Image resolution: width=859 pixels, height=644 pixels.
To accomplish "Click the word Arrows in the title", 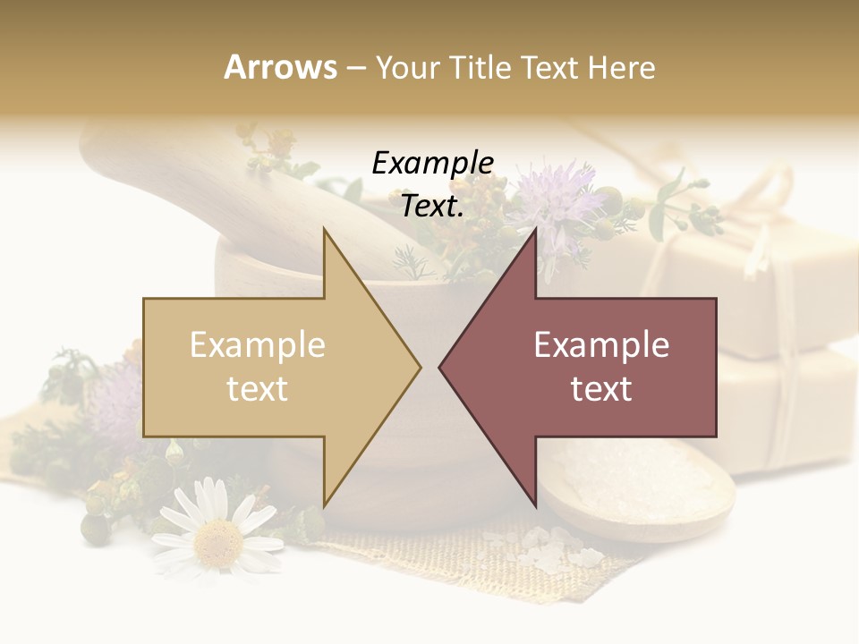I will [x=280, y=67].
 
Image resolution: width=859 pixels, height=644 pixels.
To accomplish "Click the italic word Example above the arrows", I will [x=433, y=163].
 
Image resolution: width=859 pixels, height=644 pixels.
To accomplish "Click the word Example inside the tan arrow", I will [x=258, y=344].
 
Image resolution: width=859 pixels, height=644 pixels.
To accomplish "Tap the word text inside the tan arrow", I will [x=258, y=388].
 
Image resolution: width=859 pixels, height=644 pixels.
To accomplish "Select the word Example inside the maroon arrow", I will [x=601, y=344].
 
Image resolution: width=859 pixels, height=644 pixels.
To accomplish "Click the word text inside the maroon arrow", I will [x=601, y=388].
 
